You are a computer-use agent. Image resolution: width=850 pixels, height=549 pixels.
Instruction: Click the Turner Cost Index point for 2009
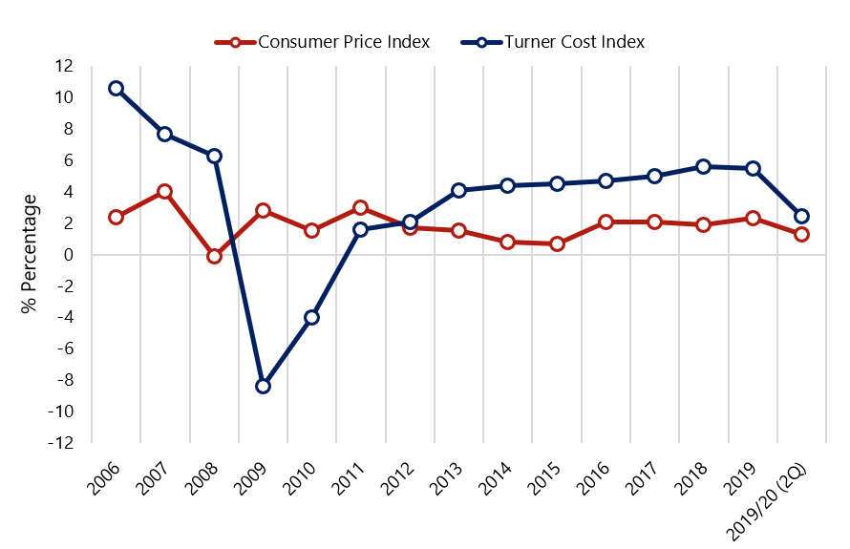pos(263,386)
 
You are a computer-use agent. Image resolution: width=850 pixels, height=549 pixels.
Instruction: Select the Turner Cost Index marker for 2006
pos(116,88)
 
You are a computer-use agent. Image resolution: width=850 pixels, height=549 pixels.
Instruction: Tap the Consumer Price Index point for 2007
pos(164,191)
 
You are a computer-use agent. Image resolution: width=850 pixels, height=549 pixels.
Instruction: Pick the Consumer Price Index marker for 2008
pos(214,255)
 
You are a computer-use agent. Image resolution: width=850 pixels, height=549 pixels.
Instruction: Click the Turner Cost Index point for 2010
pos(311,317)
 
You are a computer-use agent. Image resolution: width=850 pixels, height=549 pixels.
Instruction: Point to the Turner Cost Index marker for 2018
pos(704,166)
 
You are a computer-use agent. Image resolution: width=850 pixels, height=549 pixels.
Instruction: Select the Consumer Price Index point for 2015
pos(557,243)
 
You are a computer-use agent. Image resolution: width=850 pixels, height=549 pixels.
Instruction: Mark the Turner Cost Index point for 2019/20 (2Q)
pos(802,216)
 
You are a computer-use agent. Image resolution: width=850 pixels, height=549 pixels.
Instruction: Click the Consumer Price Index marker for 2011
pos(360,207)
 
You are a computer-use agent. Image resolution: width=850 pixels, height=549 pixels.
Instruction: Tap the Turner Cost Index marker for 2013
pos(458,190)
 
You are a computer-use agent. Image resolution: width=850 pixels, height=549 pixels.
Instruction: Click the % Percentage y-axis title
pos(30,254)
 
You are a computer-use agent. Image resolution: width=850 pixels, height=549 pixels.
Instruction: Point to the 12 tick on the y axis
pos(65,66)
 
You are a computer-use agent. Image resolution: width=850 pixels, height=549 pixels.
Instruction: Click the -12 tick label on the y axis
pos(61,443)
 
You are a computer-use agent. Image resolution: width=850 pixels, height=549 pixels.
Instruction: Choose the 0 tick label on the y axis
pos(69,255)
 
